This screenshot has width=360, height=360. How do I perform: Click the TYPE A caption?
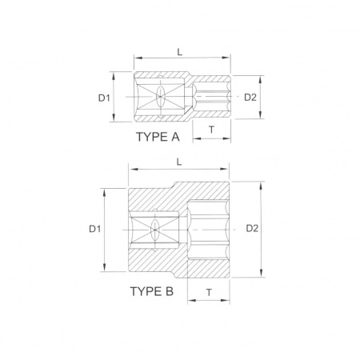tap(158, 137)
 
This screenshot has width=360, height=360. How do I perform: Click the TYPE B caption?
tap(152, 291)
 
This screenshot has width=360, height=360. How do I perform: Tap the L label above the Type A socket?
tap(180, 52)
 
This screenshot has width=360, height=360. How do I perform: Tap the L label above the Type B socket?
tap(179, 162)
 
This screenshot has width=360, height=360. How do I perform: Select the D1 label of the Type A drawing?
tap(104, 98)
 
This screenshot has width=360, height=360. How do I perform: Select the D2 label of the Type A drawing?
tap(250, 98)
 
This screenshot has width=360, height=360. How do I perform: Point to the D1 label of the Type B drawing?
tap(95, 229)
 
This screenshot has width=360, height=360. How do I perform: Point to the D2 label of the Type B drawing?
tap(252, 228)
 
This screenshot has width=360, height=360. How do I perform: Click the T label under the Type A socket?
tap(211, 130)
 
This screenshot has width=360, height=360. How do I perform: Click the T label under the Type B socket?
tap(209, 293)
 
